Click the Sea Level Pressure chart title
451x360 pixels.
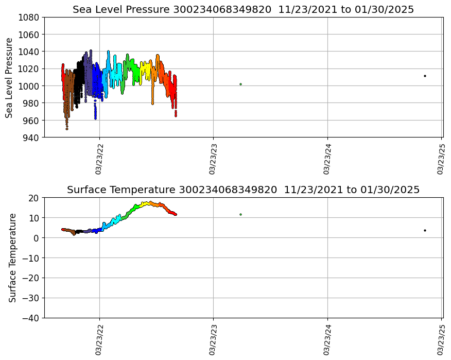[243, 10]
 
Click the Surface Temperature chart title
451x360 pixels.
[243, 190]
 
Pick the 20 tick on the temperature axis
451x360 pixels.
[34, 198]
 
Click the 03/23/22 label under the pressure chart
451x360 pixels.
[99, 159]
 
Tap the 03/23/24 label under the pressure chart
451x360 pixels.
[327, 159]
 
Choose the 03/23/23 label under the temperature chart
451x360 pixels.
[213, 339]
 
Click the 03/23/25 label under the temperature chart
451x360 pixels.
[441, 339]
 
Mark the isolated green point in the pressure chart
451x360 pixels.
[240, 84]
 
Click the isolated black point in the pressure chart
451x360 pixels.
[425, 76]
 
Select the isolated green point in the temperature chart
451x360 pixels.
[240, 214]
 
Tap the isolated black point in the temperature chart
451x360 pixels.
[425, 230]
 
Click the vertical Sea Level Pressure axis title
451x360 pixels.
[10, 77]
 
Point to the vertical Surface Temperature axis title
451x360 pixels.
[13, 258]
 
